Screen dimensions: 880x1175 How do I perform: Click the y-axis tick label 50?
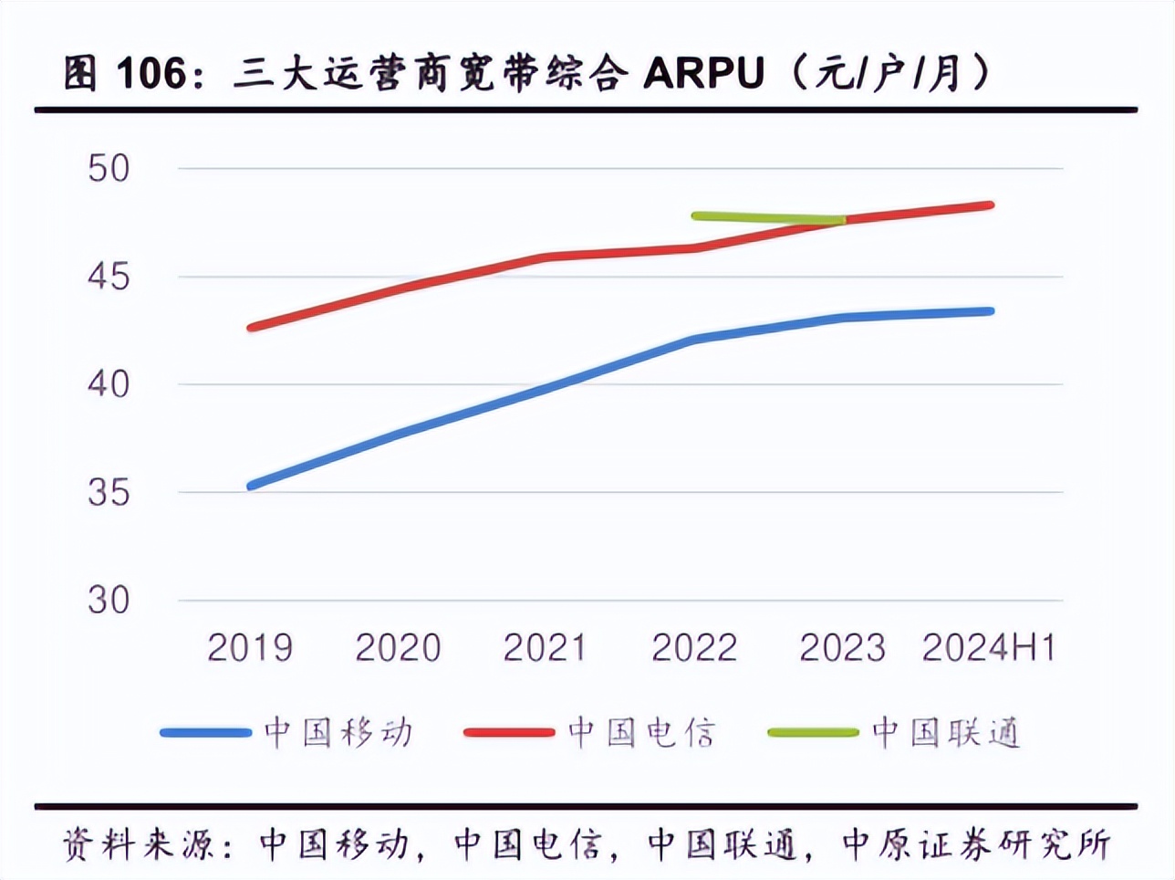[109, 168]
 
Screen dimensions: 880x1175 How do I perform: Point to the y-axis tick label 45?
[109, 277]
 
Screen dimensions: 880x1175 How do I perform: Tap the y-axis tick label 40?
[109, 384]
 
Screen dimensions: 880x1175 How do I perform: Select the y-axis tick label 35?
[109, 493]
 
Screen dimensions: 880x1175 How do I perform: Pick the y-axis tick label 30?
[109, 601]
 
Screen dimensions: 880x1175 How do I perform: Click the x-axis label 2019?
[250, 648]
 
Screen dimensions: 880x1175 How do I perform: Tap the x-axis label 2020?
[398, 648]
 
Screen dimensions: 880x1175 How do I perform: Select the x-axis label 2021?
[546, 648]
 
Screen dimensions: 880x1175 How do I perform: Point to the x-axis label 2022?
[693, 648]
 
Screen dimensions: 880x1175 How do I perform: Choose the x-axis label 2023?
[842, 648]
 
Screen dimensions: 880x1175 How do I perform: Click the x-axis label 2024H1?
[989, 648]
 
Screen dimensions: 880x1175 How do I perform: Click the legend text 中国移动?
[338, 733]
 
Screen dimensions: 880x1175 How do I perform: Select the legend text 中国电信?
[642, 733]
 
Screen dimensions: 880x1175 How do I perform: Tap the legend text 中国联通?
[946, 733]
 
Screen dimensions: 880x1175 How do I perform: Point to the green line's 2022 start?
[696, 216]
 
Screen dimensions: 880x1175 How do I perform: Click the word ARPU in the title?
[703, 73]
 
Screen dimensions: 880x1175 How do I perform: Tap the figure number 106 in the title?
[151, 73]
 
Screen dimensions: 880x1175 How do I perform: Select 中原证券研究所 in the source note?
[975, 844]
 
